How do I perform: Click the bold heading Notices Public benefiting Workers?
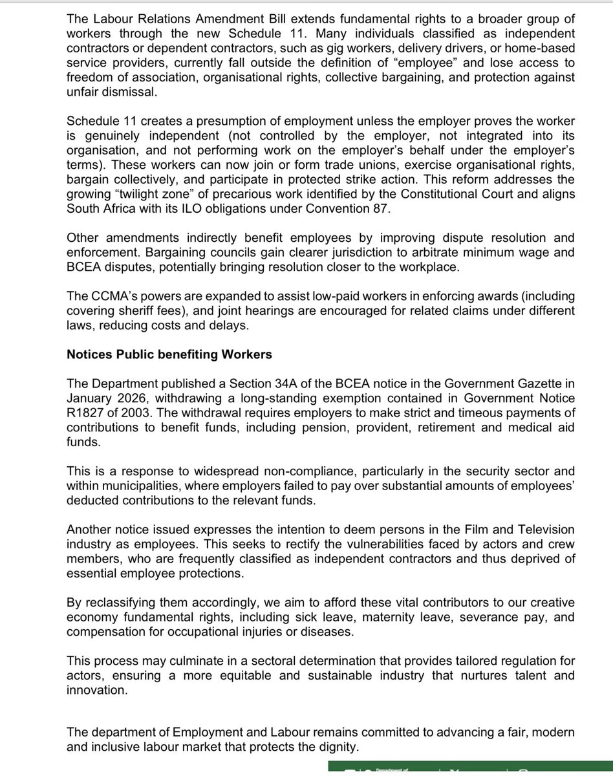click(x=169, y=354)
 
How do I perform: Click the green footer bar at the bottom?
click(x=469, y=768)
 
